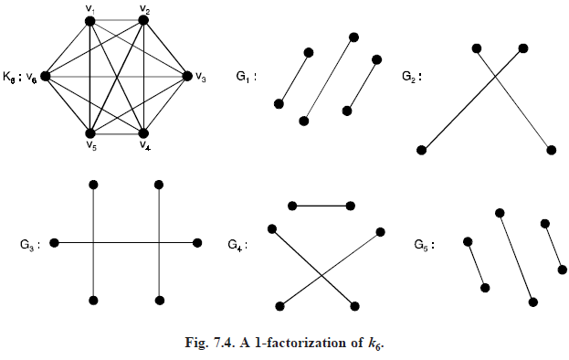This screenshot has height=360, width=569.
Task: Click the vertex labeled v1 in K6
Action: click(x=91, y=23)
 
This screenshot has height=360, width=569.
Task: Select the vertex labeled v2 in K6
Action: click(x=144, y=23)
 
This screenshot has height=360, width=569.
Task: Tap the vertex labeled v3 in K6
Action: click(x=187, y=76)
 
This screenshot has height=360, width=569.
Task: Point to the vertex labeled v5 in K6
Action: click(x=91, y=130)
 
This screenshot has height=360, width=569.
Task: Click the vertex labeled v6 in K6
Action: click(x=46, y=76)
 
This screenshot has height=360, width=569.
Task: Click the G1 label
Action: click(x=244, y=77)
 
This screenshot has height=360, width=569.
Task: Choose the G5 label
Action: click(x=422, y=244)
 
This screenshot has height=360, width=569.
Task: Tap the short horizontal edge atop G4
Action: click(x=321, y=206)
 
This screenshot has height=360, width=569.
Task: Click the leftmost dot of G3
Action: click(x=55, y=243)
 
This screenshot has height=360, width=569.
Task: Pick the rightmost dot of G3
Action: click(x=197, y=243)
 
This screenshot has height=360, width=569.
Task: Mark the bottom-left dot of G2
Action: click(x=421, y=150)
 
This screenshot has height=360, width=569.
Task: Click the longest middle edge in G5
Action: click(x=516, y=257)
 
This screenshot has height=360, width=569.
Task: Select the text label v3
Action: click(x=200, y=78)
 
